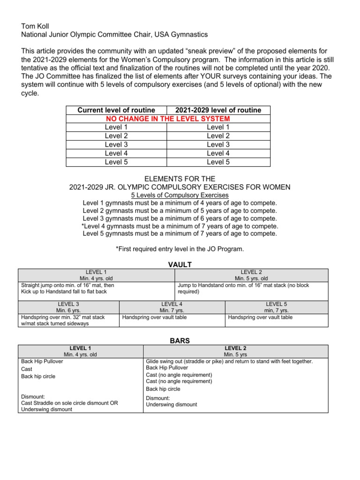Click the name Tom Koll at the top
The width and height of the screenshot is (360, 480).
(x=36, y=26)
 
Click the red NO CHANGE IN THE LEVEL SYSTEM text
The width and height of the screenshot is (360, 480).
(x=168, y=119)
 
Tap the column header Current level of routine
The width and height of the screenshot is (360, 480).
(x=116, y=110)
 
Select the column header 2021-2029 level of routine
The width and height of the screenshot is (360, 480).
(x=218, y=110)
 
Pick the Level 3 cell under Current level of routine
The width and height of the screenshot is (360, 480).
(x=116, y=144)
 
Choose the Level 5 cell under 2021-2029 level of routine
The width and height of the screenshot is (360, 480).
(x=218, y=162)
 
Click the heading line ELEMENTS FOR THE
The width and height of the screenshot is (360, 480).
(x=180, y=179)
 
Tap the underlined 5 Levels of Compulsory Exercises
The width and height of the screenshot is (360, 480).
(x=180, y=195)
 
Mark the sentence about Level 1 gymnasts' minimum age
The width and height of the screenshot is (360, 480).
(x=180, y=203)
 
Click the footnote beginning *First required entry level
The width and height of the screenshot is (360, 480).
(x=180, y=249)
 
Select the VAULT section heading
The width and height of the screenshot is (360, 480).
(x=180, y=265)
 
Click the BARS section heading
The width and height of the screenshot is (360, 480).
(x=180, y=341)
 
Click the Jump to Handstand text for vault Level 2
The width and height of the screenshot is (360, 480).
(x=243, y=285)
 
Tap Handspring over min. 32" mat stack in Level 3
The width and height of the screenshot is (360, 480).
(x=63, y=317)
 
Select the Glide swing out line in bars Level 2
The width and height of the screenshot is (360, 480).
(x=229, y=361)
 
